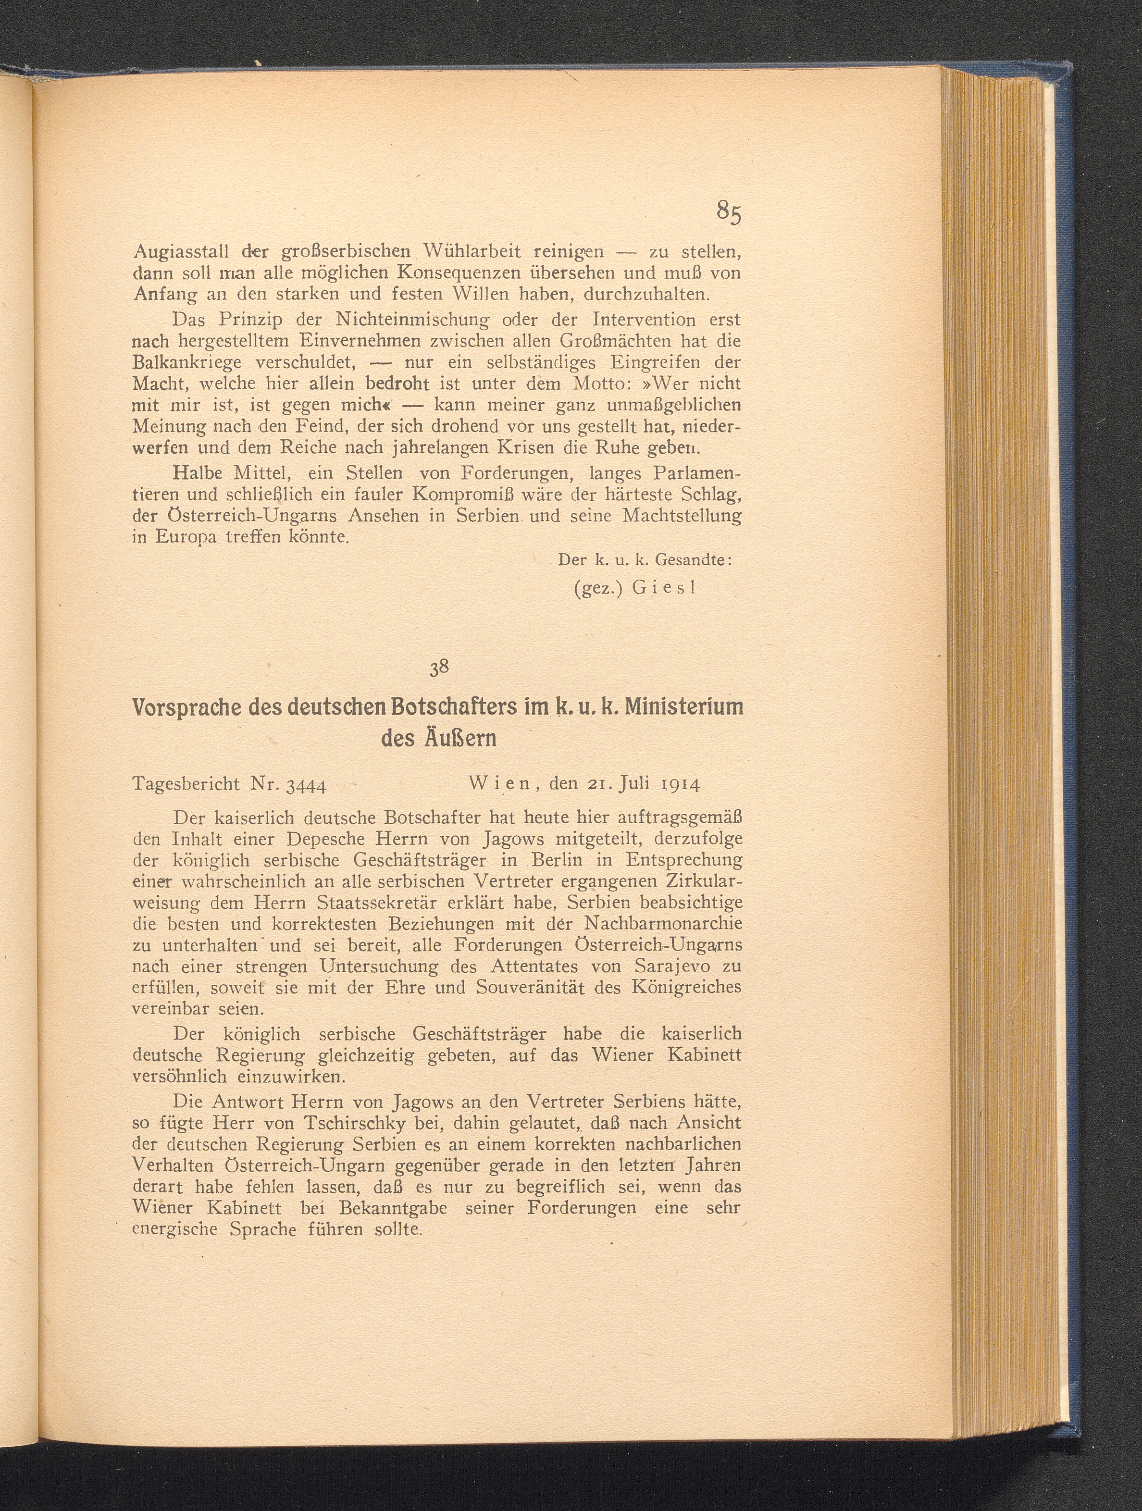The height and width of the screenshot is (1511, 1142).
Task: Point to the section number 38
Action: (438, 669)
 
